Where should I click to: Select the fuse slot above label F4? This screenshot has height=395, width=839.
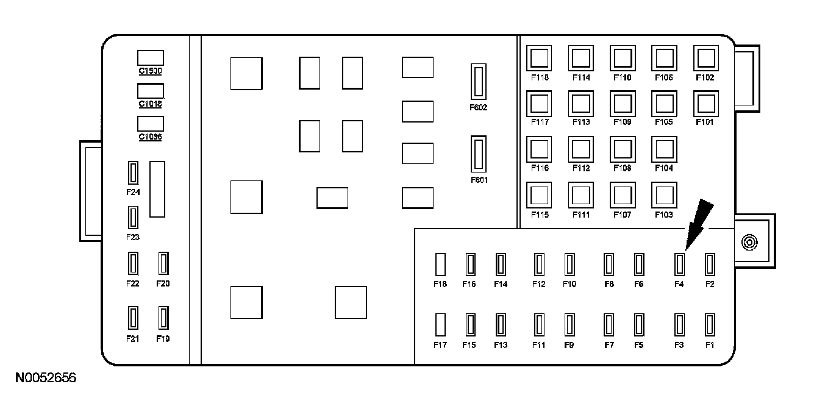680,265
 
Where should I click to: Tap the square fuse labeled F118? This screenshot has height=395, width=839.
540,59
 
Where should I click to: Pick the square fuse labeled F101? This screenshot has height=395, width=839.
705,103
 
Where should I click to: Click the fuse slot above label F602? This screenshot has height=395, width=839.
479,81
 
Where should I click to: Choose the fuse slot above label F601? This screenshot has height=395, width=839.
479,154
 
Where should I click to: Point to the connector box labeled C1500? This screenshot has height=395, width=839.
150,58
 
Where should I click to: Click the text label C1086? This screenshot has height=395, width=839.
150,137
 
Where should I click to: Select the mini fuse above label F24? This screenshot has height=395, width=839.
133,173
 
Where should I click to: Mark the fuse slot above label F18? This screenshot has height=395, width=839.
440,265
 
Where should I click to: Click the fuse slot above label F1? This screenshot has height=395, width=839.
709,324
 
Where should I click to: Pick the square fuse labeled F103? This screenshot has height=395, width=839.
663,195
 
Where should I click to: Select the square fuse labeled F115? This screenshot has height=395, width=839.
540,195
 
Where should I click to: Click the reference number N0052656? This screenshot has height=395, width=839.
46,379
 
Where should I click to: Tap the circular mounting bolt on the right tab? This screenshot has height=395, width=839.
749,243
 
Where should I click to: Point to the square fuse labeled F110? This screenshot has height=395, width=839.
623,59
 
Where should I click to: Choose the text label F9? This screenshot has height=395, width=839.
569,345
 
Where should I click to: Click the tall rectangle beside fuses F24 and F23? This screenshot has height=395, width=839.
157,189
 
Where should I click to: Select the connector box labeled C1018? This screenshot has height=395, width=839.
150,91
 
